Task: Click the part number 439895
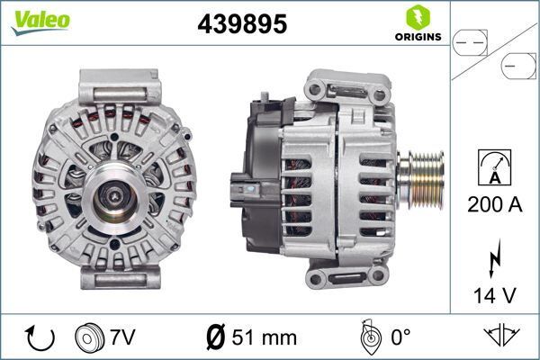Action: (241, 25)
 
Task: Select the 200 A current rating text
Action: (495, 204)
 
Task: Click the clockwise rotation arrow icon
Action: (40, 337)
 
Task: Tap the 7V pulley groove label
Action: (122, 337)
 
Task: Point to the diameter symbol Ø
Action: (215, 337)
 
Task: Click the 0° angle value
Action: (400, 337)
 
